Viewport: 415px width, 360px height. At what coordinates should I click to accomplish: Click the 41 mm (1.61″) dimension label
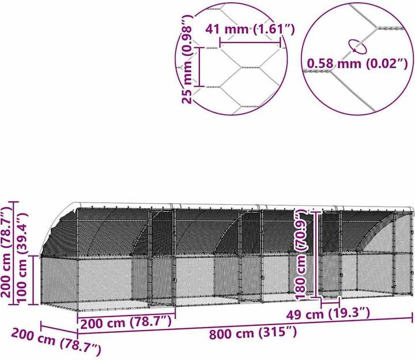point(250,29)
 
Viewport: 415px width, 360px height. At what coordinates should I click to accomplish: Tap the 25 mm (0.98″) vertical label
point(188,59)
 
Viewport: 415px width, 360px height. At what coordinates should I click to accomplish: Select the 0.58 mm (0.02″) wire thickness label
point(357,63)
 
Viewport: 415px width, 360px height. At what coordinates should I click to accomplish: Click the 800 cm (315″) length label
point(253,333)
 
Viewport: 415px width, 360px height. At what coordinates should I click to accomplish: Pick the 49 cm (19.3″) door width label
point(328,314)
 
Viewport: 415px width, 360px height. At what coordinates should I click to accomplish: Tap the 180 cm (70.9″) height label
point(301,255)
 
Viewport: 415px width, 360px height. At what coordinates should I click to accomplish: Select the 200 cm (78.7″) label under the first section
point(126,322)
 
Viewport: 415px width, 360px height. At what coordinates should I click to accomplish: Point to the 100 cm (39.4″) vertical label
point(22,257)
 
